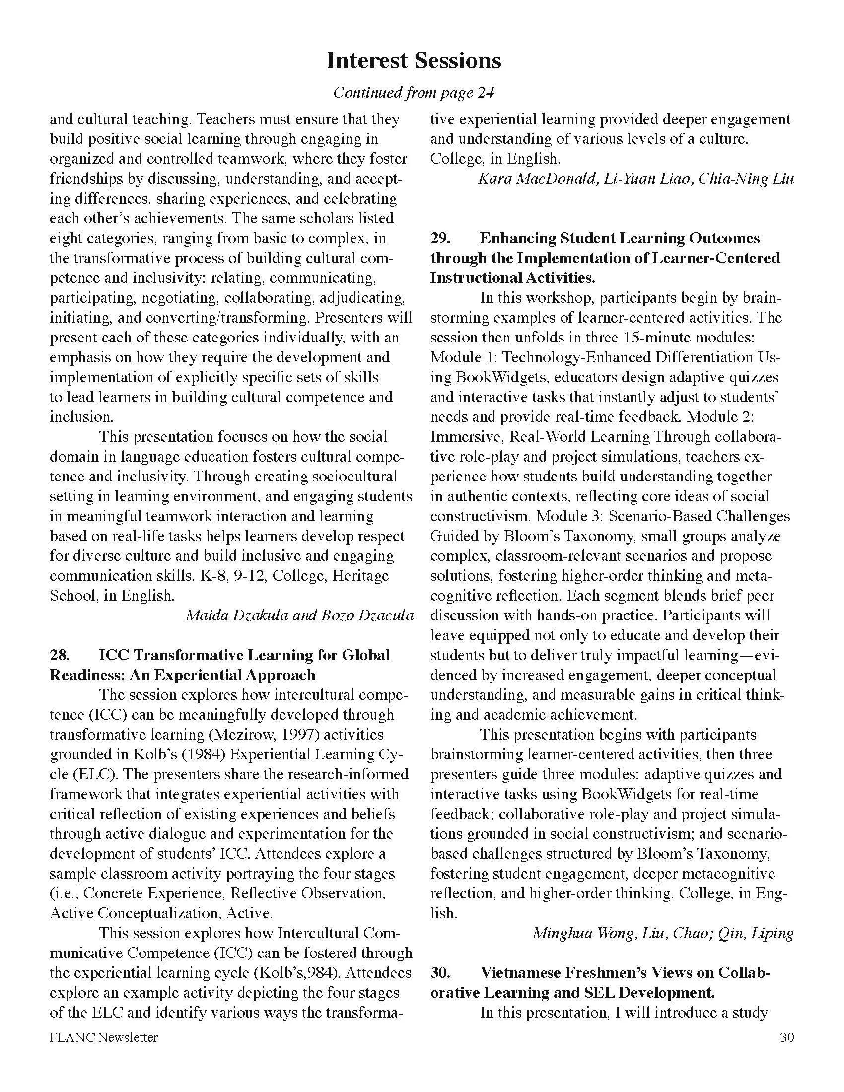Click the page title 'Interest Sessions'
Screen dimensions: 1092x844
(413, 61)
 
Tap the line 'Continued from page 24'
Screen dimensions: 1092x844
(413, 92)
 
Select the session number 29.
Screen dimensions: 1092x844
(440, 238)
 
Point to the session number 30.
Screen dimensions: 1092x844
(440, 972)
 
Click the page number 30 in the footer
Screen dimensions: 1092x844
(786, 1038)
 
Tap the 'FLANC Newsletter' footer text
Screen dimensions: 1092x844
(103, 1038)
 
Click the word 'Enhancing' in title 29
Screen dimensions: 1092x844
(515, 238)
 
